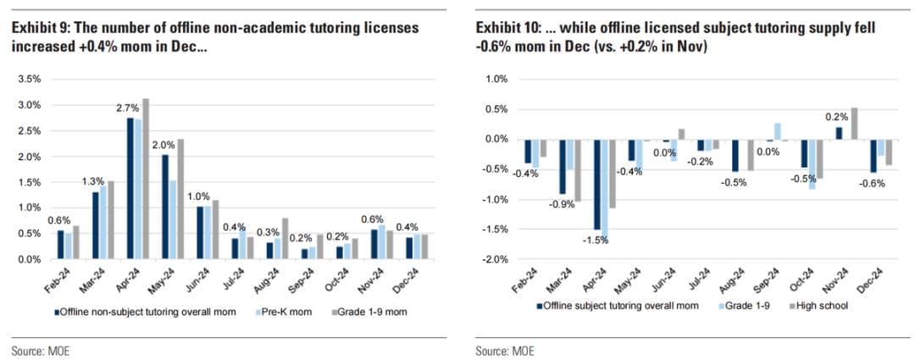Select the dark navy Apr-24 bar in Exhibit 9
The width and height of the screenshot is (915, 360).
[x=130, y=188]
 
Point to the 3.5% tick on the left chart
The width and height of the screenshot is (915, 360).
[x=29, y=79]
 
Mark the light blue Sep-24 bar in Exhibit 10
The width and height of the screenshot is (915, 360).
[x=777, y=131]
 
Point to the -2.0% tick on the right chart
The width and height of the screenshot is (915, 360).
[x=495, y=259]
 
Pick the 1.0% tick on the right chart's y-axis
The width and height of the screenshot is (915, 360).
[x=496, y=79]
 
